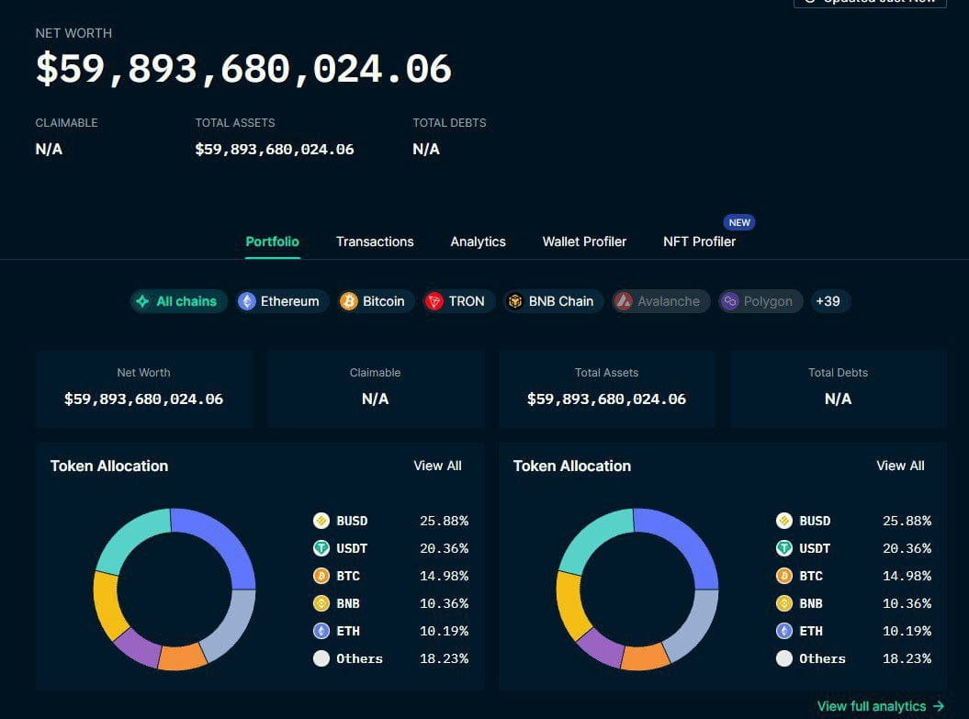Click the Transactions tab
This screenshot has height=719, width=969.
click(x=375, y=242)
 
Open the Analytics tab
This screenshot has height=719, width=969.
click(x=478, y=242)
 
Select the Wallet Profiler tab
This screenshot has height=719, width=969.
click(x=584, y=242)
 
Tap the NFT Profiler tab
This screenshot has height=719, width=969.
click(x=699, y=242)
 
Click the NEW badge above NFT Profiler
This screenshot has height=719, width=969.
click(x=739, y=222)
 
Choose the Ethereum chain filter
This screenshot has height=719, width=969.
click(x=279, y=301)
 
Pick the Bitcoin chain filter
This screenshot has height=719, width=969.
click(x=372, y=301)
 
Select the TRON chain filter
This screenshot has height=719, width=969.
click(x=456, y=301)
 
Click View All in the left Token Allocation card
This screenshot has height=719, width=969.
click(x=437, y=466)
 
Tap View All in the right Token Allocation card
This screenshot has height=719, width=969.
click(x=900, y=466)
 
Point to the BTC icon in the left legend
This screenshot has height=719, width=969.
click(x=321, y=576)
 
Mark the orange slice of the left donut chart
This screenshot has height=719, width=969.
click(x=182, y=657)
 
